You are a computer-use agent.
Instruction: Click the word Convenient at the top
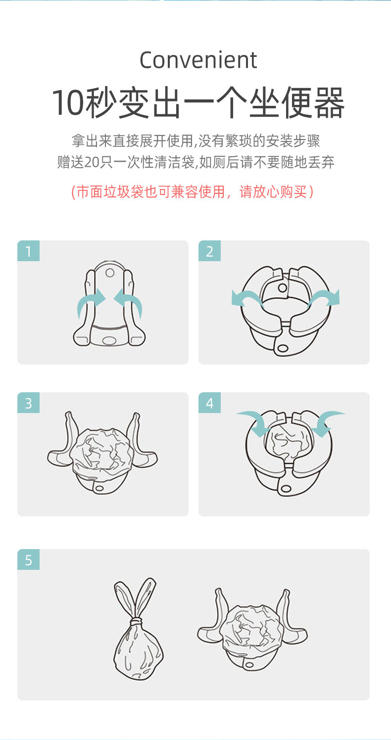pyautogui.click(x=198, y=60)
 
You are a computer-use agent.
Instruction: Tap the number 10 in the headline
pyautogui.click(x=67, y=103)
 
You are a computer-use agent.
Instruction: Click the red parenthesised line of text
pyautogui.click(x=193, y=192)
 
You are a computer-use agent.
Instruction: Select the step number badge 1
pyautogui.click(x=28, y=251)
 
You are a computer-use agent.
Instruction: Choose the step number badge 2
pyautogui.click(x=209, y=251)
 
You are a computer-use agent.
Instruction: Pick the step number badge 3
pyautogui.click(x=28, y=403)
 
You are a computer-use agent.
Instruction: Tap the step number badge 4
pyautogui.click(x=209, y=403)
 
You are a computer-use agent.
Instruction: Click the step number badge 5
pyautogui.click(x=28, y=560)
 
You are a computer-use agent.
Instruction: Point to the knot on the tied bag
pyautogui.click(x=136, y=621)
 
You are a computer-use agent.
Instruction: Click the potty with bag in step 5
pyautogui.click(x=252, y=633)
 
